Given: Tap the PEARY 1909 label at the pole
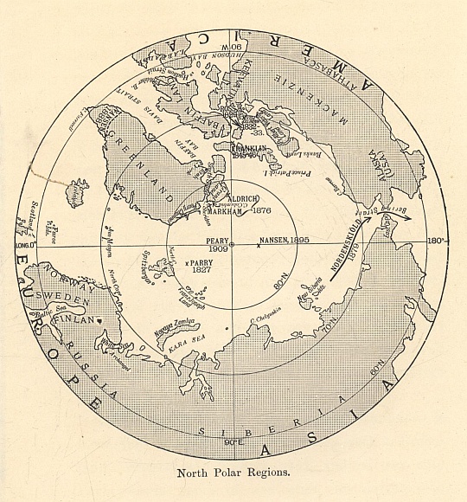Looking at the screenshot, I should point(216,245).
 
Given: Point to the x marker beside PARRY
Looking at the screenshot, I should point(187,261).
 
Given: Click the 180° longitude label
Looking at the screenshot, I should point(435,241).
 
